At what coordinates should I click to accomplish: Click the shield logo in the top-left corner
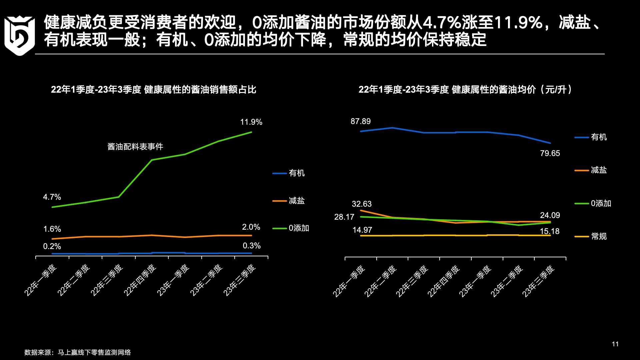coord(19,35)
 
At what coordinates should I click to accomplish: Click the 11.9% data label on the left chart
coord(251,122)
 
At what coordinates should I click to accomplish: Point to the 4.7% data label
coord(52,197)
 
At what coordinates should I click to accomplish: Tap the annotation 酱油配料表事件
coord(135,147)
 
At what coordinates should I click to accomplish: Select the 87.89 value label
coord(360,121)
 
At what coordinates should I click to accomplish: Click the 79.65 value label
coord(550,153)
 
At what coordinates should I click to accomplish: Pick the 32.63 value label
coord(362,204)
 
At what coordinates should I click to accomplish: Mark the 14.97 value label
coord(362,230)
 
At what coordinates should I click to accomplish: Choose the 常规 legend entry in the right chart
coord(599,236)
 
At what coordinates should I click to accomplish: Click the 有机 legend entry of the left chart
coord(296,173)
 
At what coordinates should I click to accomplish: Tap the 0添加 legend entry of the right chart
coord(601,203)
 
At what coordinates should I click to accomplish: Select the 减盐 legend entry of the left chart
coord(296,201)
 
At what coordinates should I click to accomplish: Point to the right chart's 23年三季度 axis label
coord(538,281)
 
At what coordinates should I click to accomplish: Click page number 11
coord(615,344)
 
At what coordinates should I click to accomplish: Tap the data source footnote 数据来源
coord(78,352)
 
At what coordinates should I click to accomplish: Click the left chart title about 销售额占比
coord(154,90)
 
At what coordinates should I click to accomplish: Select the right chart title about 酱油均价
coord(465,90)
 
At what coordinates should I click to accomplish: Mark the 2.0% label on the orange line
coord(251,227)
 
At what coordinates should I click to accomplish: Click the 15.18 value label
coord(550,231)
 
